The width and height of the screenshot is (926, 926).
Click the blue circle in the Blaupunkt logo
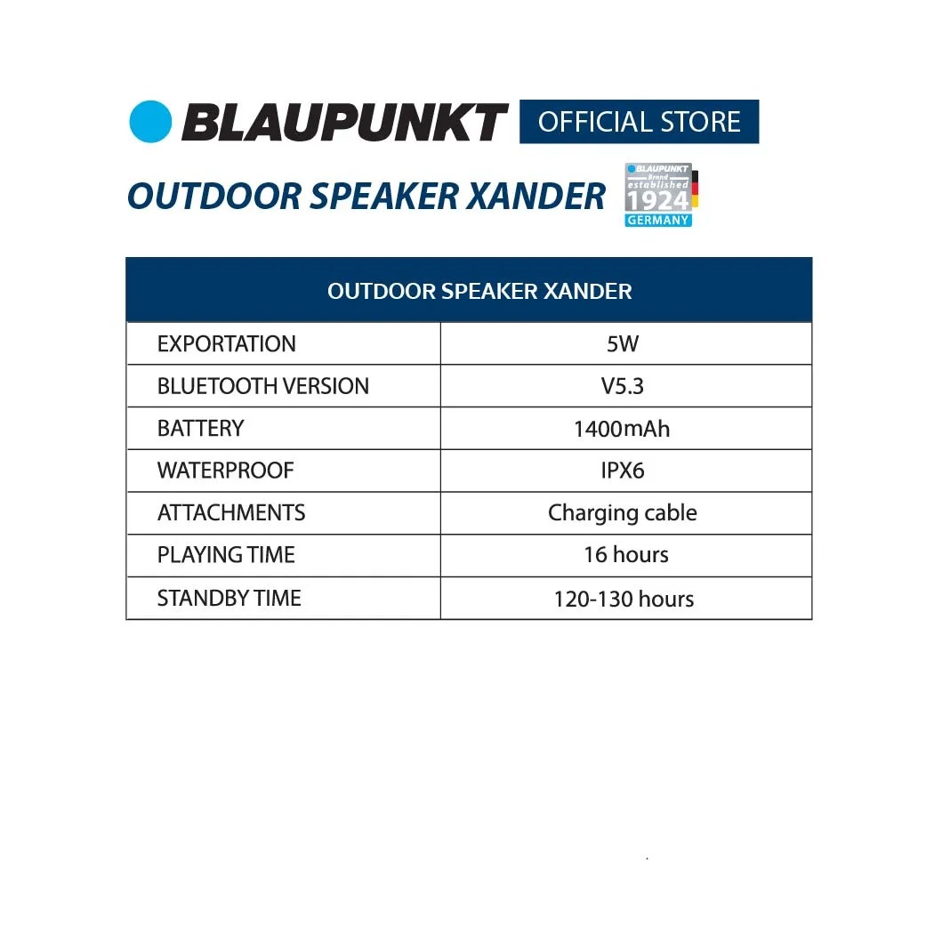150,122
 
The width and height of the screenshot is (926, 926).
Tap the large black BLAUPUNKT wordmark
345,122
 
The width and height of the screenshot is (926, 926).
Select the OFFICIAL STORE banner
639,122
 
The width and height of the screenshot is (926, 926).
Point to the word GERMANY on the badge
658,221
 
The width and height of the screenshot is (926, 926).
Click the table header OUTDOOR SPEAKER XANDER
479,291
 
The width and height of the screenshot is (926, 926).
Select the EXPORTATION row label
226,343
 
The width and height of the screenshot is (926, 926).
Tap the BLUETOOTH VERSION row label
262,386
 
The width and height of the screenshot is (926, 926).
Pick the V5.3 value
623,386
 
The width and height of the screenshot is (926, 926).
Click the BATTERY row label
200,428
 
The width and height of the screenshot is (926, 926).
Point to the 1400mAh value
622,429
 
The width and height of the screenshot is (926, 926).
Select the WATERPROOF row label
225,471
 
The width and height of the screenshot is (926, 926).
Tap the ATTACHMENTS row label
231,512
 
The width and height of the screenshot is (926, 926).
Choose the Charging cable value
623,513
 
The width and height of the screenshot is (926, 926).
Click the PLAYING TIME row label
226,555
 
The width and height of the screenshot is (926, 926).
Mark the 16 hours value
626,555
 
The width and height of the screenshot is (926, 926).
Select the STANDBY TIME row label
229,599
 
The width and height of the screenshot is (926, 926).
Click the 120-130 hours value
624,599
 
